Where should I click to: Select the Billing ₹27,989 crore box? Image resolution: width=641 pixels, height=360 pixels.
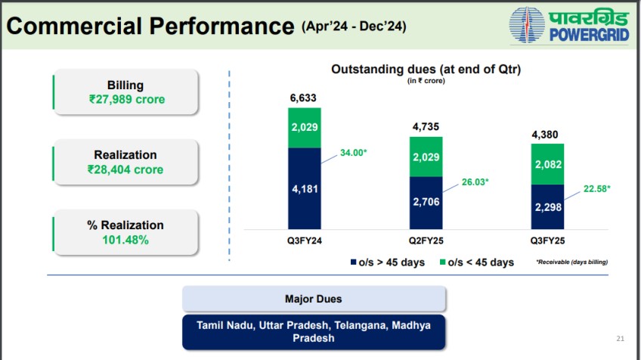click(x=125, y=92)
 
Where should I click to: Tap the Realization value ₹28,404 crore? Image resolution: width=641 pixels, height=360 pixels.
click(x=125, y=169)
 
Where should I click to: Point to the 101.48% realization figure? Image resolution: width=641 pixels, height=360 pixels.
click(x=125, y=240)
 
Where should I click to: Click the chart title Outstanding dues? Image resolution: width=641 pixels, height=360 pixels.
click(x=427, y=70)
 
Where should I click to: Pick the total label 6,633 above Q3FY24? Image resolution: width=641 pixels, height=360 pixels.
click(x=305, y=98)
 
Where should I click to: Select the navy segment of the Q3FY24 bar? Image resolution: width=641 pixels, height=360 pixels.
click(x=305, y=188)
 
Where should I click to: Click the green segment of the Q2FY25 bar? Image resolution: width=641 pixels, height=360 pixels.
click(x=426, y=157)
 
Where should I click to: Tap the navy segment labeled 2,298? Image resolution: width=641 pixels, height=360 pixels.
click(x=547, y=206)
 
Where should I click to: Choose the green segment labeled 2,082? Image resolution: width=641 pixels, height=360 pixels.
click(x=547, y=164)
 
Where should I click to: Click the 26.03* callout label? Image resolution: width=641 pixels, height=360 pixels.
click(x=477, y=182)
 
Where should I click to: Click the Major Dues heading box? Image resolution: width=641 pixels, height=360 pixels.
click(x=313, y=299)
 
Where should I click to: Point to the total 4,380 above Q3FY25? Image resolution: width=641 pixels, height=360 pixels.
click(x=547, y=135)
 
